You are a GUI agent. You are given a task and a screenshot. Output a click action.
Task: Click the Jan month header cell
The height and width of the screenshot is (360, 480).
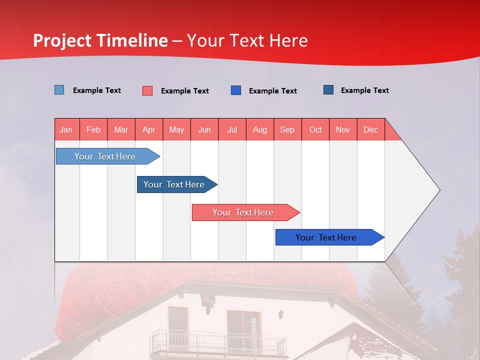coord(66,129)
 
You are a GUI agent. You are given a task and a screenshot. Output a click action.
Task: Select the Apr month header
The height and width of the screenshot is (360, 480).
coord(149,129)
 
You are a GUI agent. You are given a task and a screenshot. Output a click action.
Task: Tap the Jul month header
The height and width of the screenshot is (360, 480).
coord(232,129)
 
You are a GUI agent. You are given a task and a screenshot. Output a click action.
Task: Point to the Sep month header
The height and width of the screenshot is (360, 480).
coord(287,129)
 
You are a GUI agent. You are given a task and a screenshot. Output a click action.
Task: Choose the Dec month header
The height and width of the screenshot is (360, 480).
coord(370,129)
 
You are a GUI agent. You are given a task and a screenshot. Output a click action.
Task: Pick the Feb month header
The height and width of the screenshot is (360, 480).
coord(93,129)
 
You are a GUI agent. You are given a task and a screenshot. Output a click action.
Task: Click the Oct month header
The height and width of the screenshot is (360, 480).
coord(315,129)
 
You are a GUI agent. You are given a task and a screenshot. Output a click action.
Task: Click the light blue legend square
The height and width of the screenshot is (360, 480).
coord(59,90)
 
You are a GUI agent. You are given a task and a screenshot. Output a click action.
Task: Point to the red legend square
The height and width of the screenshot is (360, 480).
coord(147,90)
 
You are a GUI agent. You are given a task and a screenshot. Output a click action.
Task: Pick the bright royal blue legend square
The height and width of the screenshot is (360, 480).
coord(236,90)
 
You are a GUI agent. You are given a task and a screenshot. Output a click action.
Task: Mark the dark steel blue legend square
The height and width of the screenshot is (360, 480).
coord(328,90)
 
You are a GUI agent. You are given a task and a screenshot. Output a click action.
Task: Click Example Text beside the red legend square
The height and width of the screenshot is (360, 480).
coord(184,91)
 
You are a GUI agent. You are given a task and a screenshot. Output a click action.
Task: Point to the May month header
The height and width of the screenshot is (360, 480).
coord(176,129)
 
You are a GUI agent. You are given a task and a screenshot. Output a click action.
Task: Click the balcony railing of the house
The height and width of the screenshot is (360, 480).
coord(217,343)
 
